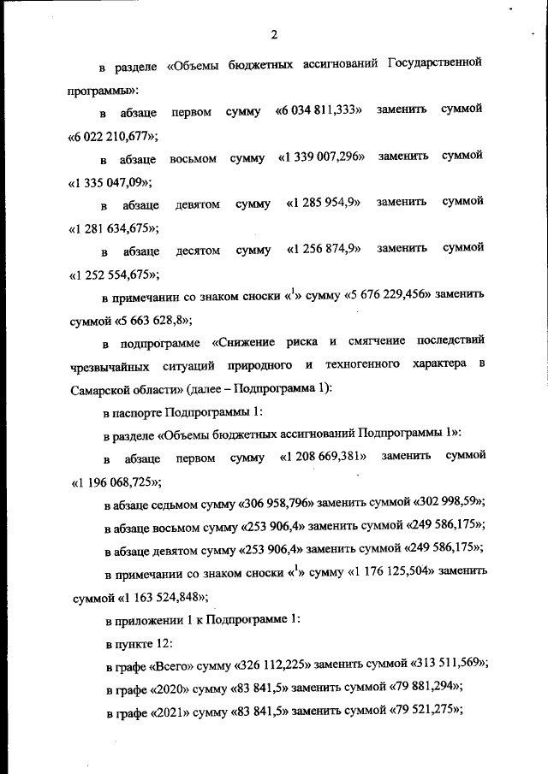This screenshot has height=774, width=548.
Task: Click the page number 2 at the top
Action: coord(274,34)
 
